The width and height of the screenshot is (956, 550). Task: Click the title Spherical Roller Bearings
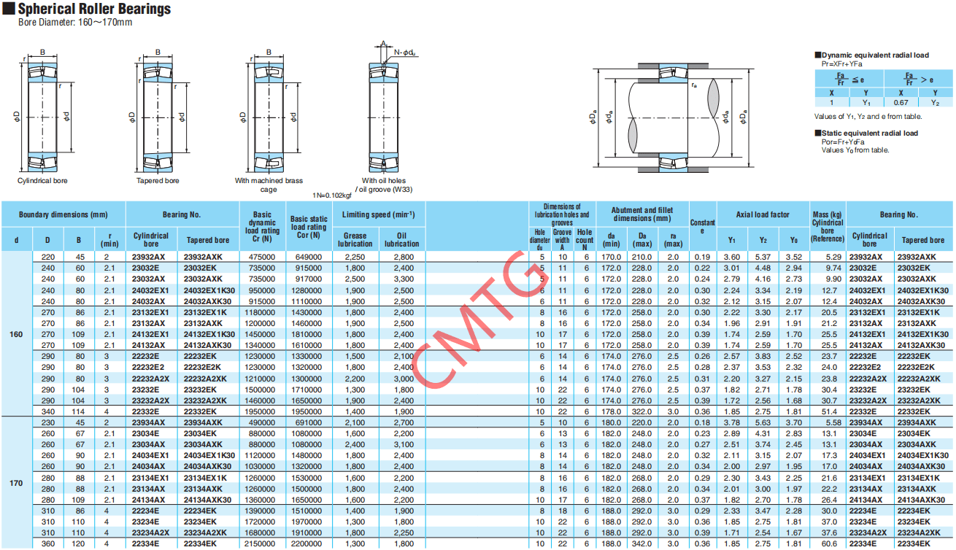[x=94, y=9]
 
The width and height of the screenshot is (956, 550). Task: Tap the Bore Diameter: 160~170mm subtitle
[x=75, y=23]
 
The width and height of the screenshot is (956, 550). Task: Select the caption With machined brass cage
[x=269, y=185]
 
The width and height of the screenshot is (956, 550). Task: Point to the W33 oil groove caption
[x=384, y=189]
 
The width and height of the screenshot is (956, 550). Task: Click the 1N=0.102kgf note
[x=332, y=195]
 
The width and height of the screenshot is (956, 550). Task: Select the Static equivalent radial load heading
[x=870, y=133]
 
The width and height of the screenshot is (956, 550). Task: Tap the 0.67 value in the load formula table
[x=901, y=103]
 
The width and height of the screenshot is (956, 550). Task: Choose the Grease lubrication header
[x=355, y=239]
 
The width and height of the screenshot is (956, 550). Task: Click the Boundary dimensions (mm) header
[x=63, y=214]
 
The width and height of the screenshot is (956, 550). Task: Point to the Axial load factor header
[x=763, y=214]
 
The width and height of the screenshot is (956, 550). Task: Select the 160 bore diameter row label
[x=16, y=335]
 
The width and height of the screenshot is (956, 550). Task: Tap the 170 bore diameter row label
[x=16, y=483]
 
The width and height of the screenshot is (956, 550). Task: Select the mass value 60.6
[x=829, y=543]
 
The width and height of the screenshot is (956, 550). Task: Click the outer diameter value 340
[x=48, y=411]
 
